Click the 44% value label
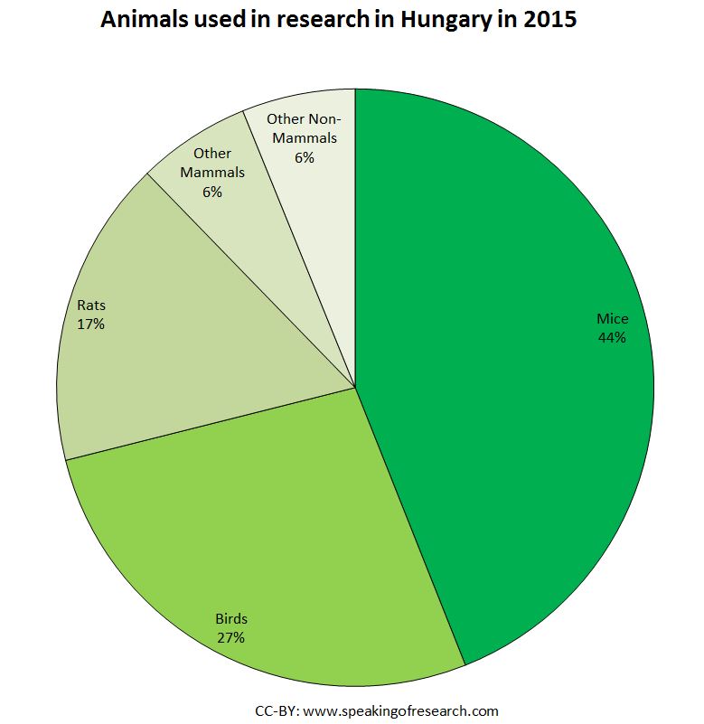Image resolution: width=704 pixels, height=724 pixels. pyautogui.click(x=612, y=338)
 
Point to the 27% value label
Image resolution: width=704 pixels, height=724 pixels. pyautogui.click(x=230, y=637)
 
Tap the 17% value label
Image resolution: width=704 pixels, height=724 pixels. pyautogui.click(x=90, y=324)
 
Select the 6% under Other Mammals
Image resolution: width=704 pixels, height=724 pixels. pyautogui.click(x=212, y=192)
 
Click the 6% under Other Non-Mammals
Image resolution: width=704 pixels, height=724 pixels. pyautogui.click(x=304, y=157)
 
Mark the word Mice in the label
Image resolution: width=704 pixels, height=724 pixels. pyautogui.click(x=612, y=319)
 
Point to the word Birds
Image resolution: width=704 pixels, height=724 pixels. pyautogui.click(x=230, y=619)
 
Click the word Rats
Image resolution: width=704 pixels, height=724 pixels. pyautogui.click(x=90, y=306)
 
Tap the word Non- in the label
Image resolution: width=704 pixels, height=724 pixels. pyautogui.click(x=333, y=119)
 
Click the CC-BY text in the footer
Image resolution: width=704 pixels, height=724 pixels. pyautogui.click(x=277, y=711)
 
